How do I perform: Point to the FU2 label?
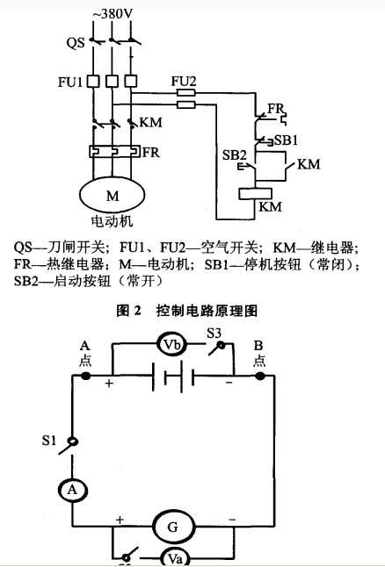point(184,80)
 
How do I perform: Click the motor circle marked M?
point(112,194)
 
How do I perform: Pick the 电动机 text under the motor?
point(113,222)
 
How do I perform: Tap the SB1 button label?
point(287,140)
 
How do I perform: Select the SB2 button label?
point(234,155)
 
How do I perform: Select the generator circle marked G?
point(172,527)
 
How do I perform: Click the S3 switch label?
point(214,333)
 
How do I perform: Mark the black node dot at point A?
point(85,376)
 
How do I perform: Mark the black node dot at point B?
point(260,376)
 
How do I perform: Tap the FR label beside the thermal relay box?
point(151,150)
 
